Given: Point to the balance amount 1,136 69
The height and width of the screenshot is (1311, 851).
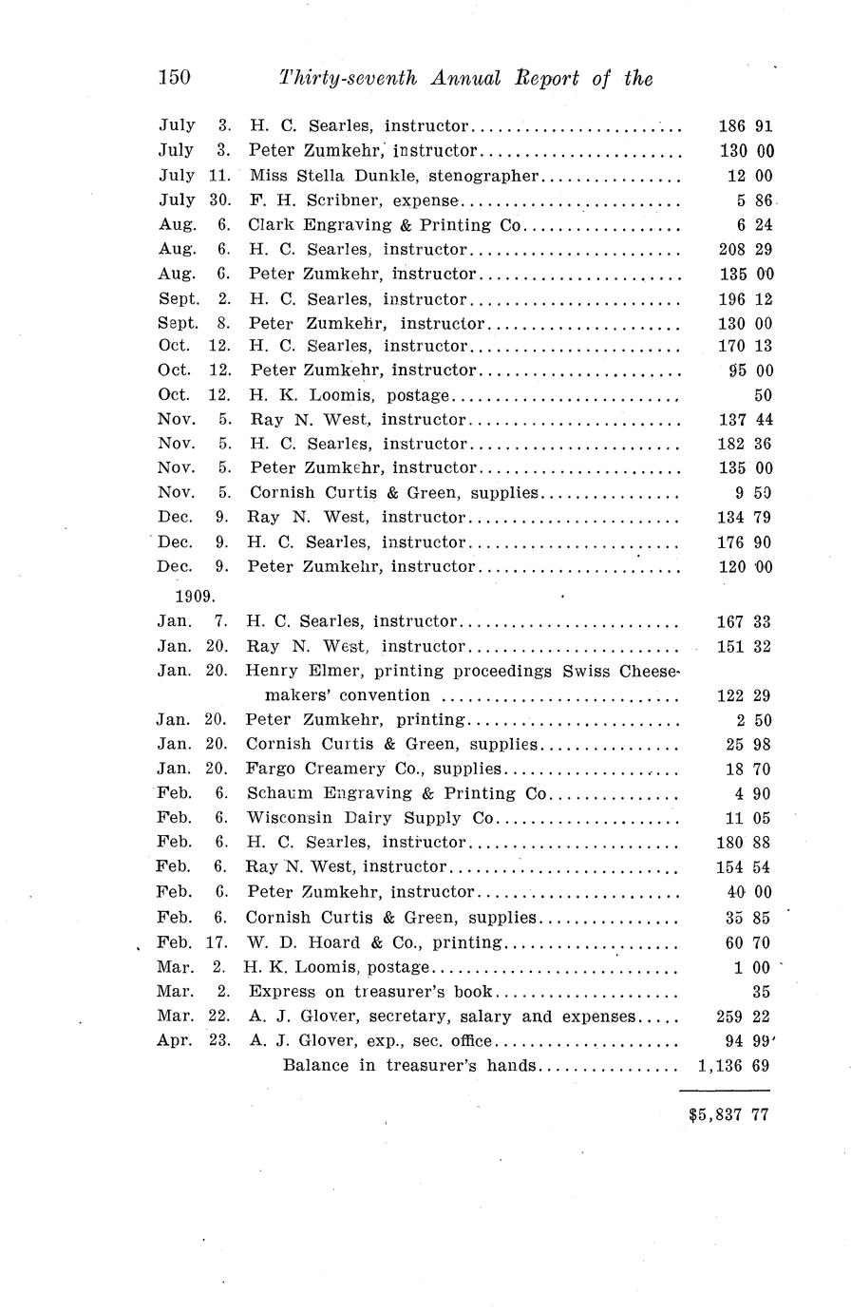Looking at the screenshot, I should [x=732, y=1066].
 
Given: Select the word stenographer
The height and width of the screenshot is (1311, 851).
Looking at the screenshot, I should [x=483, y=176].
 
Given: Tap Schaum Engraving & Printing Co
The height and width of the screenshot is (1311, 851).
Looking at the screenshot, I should [x=397, y=794].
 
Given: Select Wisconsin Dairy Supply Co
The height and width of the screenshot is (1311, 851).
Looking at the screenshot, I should [x=370, y=818].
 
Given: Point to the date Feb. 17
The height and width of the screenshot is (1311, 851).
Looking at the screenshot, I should [x=193, y=943].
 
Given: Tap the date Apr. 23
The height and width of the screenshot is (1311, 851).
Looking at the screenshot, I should [x=193, y=1040].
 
